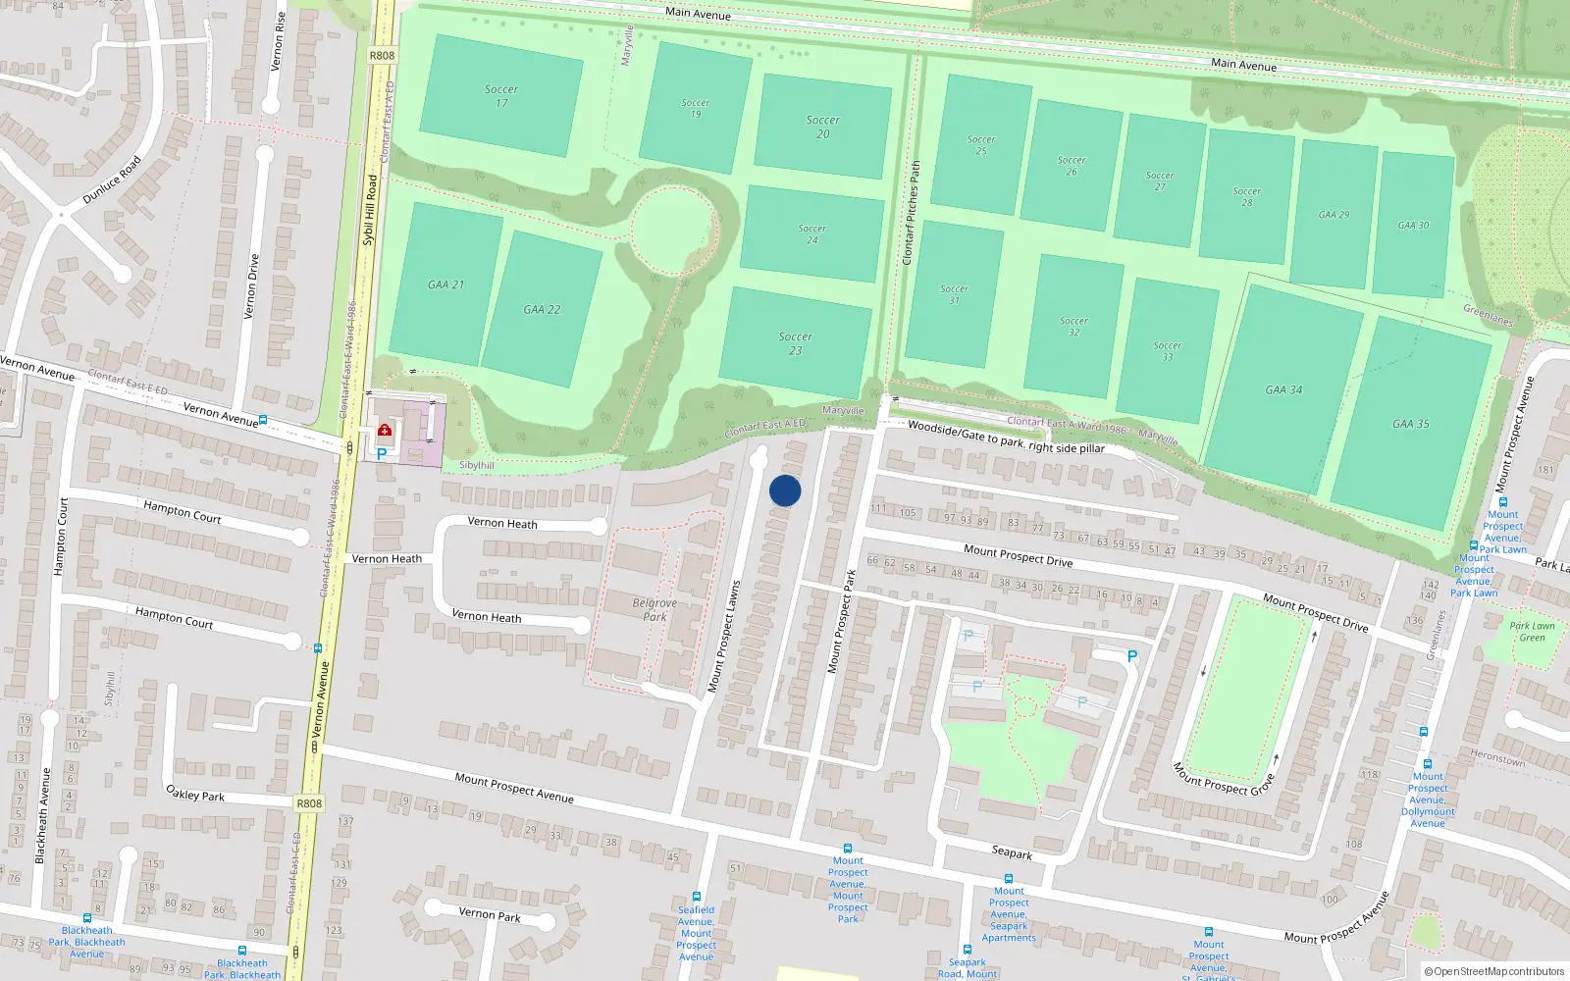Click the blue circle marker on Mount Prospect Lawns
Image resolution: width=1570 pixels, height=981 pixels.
pos(785,490)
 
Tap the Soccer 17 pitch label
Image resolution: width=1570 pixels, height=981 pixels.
pos(501,95)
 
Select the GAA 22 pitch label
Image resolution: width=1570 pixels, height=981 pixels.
pos(542,309)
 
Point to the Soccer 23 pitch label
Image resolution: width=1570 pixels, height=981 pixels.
pos(796,343)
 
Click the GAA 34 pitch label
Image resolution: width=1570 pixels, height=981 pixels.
pos(1283,389)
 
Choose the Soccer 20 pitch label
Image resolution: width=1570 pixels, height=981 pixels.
pos(823,127)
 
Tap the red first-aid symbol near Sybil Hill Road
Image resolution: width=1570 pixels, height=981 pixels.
pos(385,430)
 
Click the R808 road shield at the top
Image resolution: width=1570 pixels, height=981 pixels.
pos(382,55)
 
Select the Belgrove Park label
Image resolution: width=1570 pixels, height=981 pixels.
pos(654,610)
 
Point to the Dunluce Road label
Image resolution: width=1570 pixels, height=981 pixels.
pos(112,181)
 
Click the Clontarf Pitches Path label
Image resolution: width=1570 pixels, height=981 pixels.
pos(912,213)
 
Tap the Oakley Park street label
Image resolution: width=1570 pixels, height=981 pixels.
pos(195,793)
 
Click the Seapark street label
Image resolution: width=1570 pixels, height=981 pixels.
pos(1012,853)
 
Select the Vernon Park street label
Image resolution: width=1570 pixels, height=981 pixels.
pos(490,914)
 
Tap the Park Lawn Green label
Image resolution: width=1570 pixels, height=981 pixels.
pos(1532,631)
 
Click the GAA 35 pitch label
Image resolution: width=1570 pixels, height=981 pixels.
pos(1410,424)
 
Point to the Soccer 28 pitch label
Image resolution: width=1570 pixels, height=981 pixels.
pos(1247,196)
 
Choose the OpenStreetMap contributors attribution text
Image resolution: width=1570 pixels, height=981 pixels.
pos(1494,971)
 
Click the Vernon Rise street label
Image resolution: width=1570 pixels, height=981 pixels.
pos(279,41)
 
